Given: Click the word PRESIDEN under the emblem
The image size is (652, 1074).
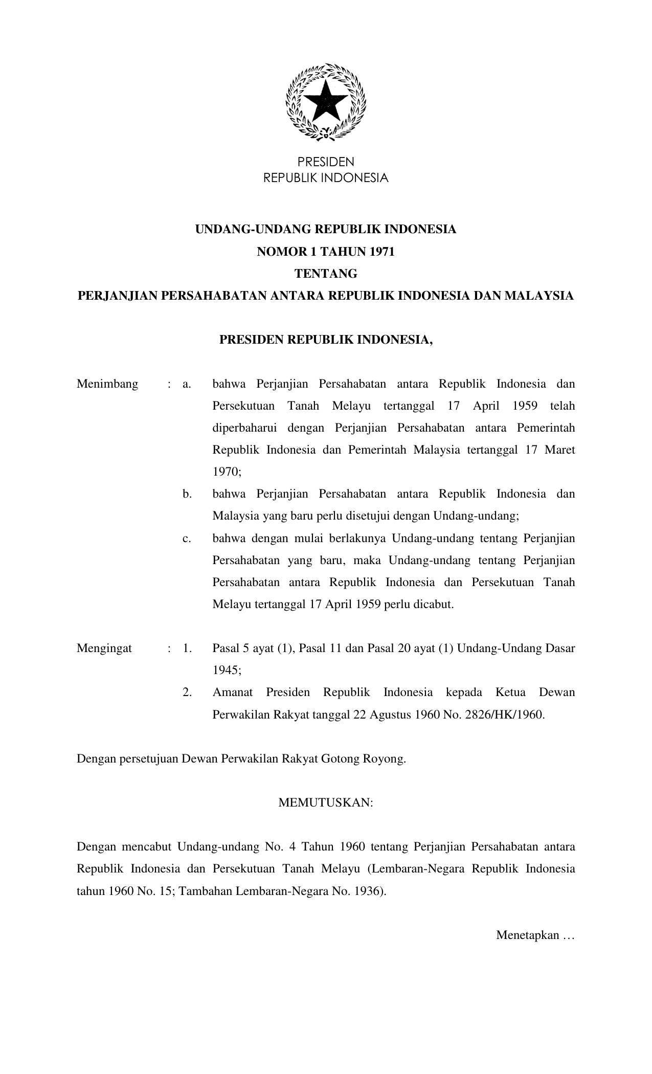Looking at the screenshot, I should tap(326, 162).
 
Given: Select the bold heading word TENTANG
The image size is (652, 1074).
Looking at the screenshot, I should tap(326, 274).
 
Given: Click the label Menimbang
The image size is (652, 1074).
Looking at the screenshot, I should tap(107, 384).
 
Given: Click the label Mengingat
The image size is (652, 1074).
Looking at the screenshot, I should tap(104, 648).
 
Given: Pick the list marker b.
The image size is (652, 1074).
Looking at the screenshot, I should tap(187, 494).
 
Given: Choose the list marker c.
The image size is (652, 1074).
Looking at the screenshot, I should tap(187, 538).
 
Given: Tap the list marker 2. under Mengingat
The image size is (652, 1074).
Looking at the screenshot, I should tap(187, 692).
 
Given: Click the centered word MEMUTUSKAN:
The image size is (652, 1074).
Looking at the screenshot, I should tap(326, 803).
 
